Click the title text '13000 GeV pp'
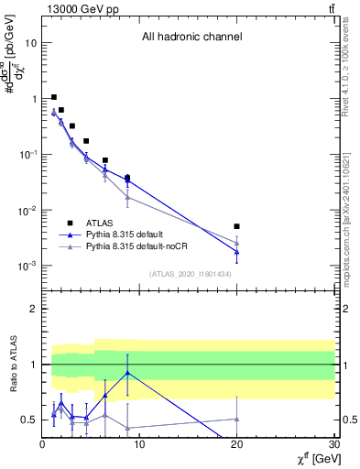[74, 8]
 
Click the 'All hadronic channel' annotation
[191, 38]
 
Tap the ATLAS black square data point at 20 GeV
[236, 226]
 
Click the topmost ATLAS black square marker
[54, 97]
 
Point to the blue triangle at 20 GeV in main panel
[236, 251]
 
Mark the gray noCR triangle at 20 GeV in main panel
[236, 242]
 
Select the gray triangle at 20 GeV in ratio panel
[236, 419]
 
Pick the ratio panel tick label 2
[34, 309]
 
